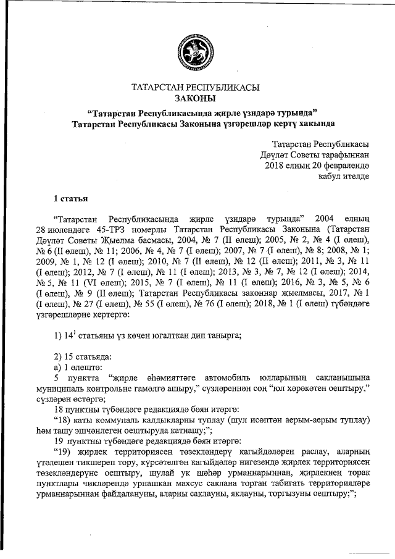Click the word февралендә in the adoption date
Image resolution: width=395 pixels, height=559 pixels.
point(346,166)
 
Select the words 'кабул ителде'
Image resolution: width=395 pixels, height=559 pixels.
point(344,176)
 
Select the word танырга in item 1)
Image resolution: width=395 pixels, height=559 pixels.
point(223,335)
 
